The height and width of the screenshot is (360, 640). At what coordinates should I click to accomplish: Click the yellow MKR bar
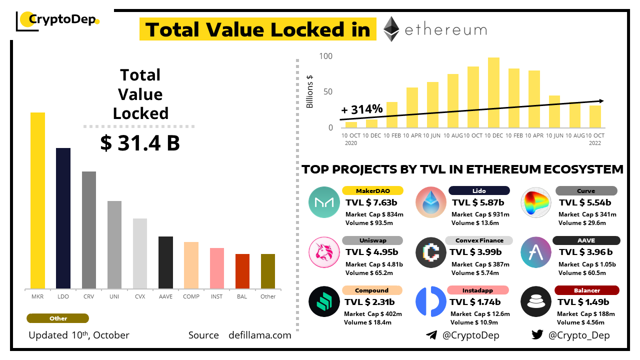coord(37,200)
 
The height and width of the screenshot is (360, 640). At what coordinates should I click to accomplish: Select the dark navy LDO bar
coord(63,218)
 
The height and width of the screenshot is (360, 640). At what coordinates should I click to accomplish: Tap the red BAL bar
coord(242,271)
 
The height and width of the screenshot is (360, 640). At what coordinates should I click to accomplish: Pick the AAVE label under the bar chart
coord(165,296)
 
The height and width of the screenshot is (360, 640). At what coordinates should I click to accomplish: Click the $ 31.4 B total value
coord(140,143)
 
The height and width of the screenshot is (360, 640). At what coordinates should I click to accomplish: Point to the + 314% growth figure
coord(362,109)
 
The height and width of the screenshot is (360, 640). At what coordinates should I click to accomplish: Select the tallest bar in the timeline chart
coord(493,92)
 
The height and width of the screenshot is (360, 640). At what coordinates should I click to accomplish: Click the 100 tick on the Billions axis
coord(325,55)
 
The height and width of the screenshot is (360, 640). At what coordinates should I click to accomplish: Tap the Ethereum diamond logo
coord(391,29)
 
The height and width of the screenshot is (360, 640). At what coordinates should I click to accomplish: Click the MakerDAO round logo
coord(324,202)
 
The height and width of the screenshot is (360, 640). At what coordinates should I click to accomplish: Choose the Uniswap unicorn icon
coord(324,252)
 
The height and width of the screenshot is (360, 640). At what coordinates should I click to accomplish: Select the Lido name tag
coord(478,190)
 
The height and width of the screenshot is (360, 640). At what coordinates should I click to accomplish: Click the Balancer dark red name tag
coord(586,290)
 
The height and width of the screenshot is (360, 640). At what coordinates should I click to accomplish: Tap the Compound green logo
coord(324,301)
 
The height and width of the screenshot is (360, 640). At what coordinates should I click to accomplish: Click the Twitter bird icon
coord(537,335)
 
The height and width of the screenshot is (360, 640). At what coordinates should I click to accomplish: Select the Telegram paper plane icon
coord(431,335)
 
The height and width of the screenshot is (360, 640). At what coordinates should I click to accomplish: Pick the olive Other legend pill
coord(57,318)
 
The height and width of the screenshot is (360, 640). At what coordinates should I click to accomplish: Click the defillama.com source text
coord(259,335)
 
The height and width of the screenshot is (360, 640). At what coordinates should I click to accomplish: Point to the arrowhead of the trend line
coord(601,101)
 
